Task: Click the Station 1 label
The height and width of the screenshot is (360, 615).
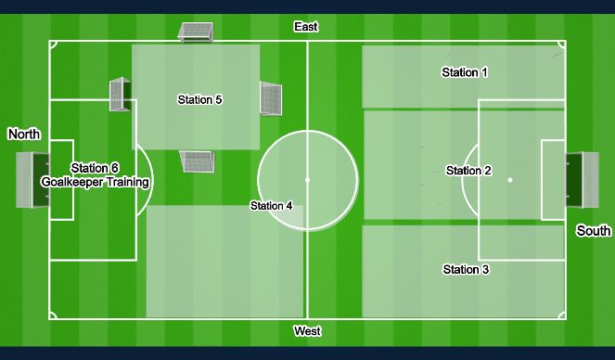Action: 465,72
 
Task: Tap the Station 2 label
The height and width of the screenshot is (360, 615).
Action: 468,171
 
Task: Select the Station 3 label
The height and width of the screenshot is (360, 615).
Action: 466,270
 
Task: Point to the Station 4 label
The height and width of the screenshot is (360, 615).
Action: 271,206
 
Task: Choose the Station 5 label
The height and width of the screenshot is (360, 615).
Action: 199,100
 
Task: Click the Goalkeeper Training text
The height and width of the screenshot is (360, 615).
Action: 96,183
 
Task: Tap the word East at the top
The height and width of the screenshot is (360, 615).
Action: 306,27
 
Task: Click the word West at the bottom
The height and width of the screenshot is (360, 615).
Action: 307,331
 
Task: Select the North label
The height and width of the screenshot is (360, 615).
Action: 24,135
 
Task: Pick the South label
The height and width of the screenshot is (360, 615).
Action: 594,231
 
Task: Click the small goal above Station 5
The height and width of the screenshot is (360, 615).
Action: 196,32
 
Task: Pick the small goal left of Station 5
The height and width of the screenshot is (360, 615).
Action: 120,95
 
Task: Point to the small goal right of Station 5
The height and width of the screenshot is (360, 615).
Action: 270,97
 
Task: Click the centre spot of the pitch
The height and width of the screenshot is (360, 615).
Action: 307,180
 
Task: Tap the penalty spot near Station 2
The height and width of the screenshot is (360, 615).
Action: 509,180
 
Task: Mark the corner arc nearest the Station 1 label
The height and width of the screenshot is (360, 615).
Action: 561,45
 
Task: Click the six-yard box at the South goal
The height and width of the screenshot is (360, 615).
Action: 553,180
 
